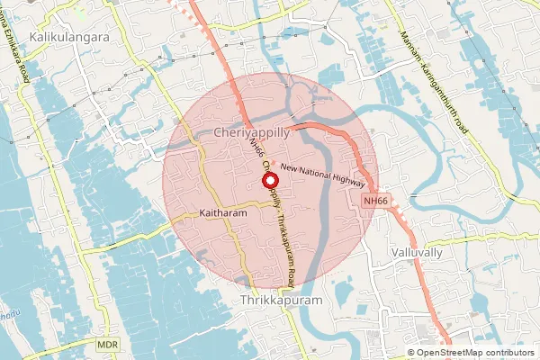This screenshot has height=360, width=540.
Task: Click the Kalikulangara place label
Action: point(69,38)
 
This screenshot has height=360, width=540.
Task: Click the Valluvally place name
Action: point(418,253)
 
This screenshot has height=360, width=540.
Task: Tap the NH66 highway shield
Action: point(376,201)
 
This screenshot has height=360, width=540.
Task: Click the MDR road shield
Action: point(107,345)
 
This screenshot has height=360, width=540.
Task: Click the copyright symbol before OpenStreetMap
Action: point(411,353)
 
